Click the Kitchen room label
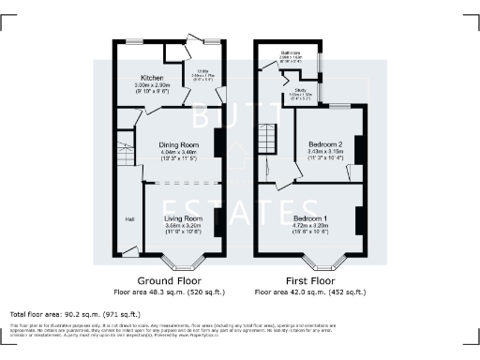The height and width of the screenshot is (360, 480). (x=153, y=77)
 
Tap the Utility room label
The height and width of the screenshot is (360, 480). (x=200, y=70)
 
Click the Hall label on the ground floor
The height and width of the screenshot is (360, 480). (x=128, y=219)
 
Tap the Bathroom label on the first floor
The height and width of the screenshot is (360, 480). (x=291, y=52)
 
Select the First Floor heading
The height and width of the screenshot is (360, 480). (x=311, y=279)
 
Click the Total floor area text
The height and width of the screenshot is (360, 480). (x=75, y=314)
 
